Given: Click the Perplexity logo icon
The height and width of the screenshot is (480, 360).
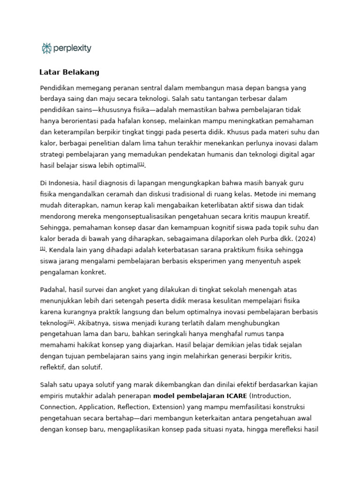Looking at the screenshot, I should [46, 48].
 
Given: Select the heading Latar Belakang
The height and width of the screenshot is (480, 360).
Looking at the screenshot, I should [69, 72].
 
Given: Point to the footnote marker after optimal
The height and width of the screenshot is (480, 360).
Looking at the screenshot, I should [142, 165].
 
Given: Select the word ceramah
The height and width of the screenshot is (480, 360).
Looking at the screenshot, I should [132, 194].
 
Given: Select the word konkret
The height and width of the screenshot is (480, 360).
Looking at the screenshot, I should [93, 272].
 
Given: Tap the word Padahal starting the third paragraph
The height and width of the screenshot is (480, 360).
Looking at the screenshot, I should [53, 290].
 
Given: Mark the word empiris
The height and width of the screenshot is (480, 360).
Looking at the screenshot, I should [52, 396].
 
